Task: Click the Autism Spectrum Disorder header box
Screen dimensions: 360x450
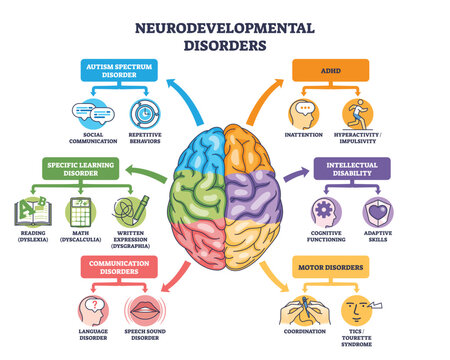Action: (x=117, y=70)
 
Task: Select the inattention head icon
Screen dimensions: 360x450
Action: (x=304, y=112)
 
